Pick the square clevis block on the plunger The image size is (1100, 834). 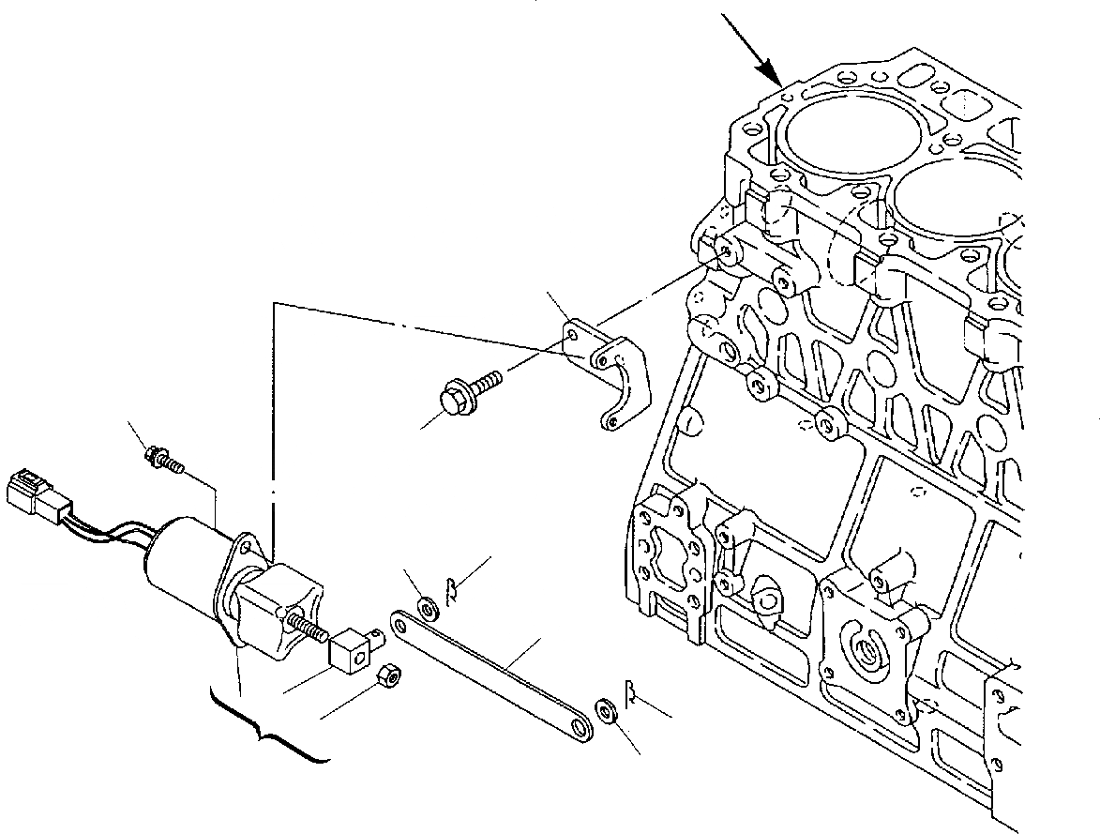352,650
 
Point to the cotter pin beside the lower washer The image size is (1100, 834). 634,693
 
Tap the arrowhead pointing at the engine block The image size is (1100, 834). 775,75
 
